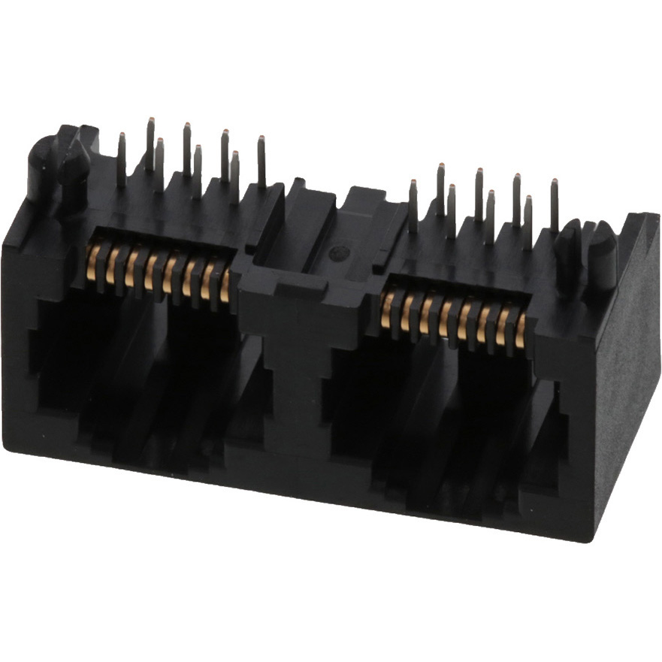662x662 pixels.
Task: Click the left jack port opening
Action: coord(143,368)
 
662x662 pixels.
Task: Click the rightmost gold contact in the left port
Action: coord(225,286)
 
